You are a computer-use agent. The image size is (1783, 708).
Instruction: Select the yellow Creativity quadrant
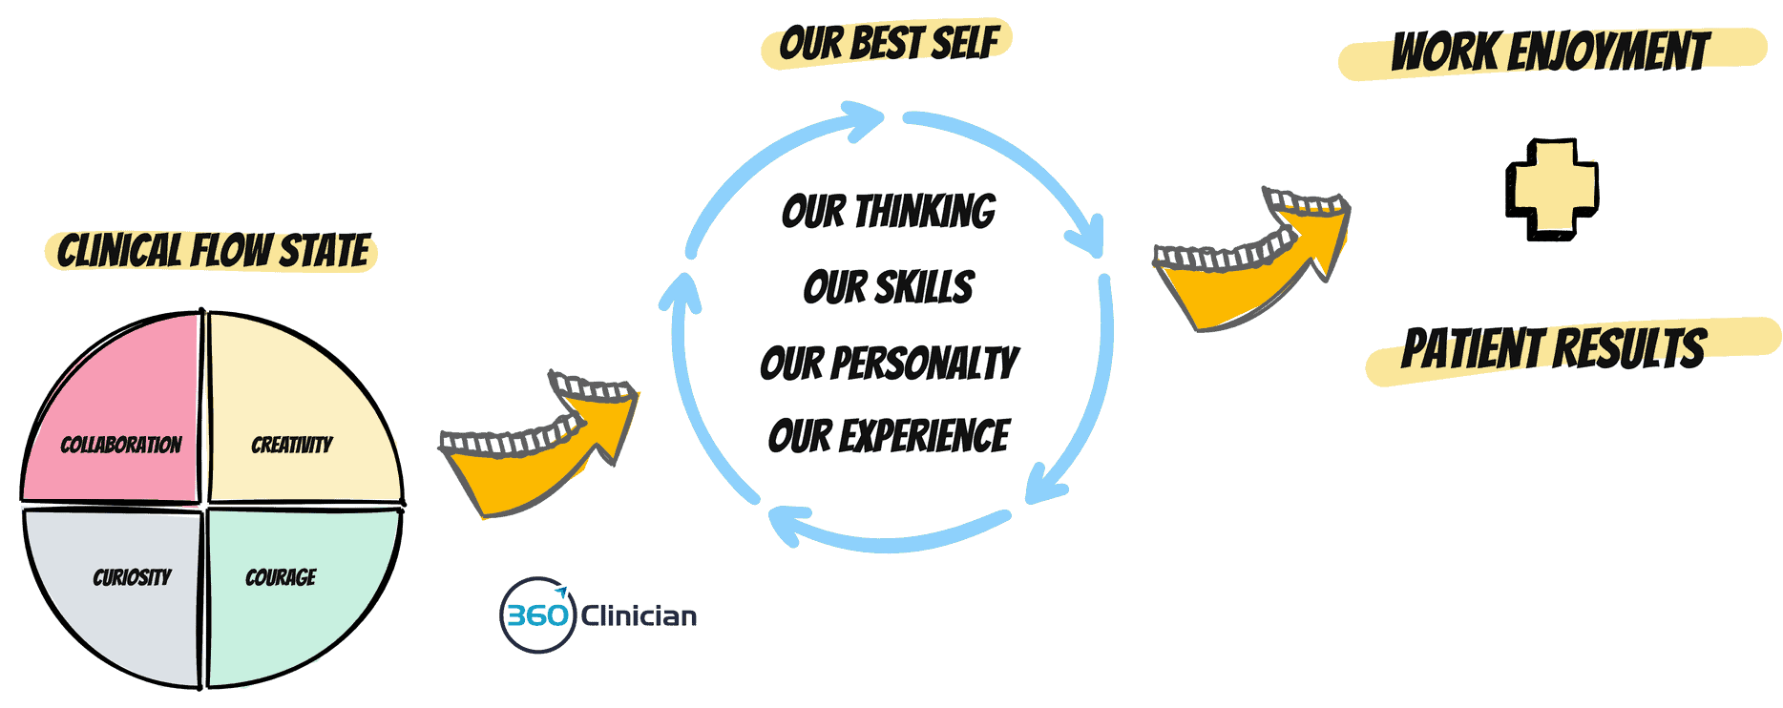click(x=296, y=420)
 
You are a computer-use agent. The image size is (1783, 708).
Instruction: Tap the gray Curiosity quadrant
click(x=124, y=592)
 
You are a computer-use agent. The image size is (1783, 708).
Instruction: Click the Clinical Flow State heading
click(x=213, y=252)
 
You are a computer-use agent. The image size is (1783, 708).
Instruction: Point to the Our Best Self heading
click(x=888, y=44)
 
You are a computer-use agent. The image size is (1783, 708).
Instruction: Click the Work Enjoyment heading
click(x=1550, y=52)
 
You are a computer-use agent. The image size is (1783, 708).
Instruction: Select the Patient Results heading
click(x=1554, y=348)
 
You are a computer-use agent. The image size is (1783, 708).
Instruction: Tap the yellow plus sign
click(x=1552, y=189)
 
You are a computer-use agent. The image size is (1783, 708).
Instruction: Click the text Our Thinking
click(x=889, y=212)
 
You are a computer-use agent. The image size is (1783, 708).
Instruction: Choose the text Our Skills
click(x=889, y=287)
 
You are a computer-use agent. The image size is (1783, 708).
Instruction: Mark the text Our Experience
click(x=889, y=437)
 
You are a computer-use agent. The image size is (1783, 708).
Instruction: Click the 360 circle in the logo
click(x=537, y=615)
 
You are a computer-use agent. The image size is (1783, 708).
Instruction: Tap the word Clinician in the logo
click(x=639, y=616)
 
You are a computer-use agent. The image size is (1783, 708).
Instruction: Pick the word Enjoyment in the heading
click(x=1608, y=52)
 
